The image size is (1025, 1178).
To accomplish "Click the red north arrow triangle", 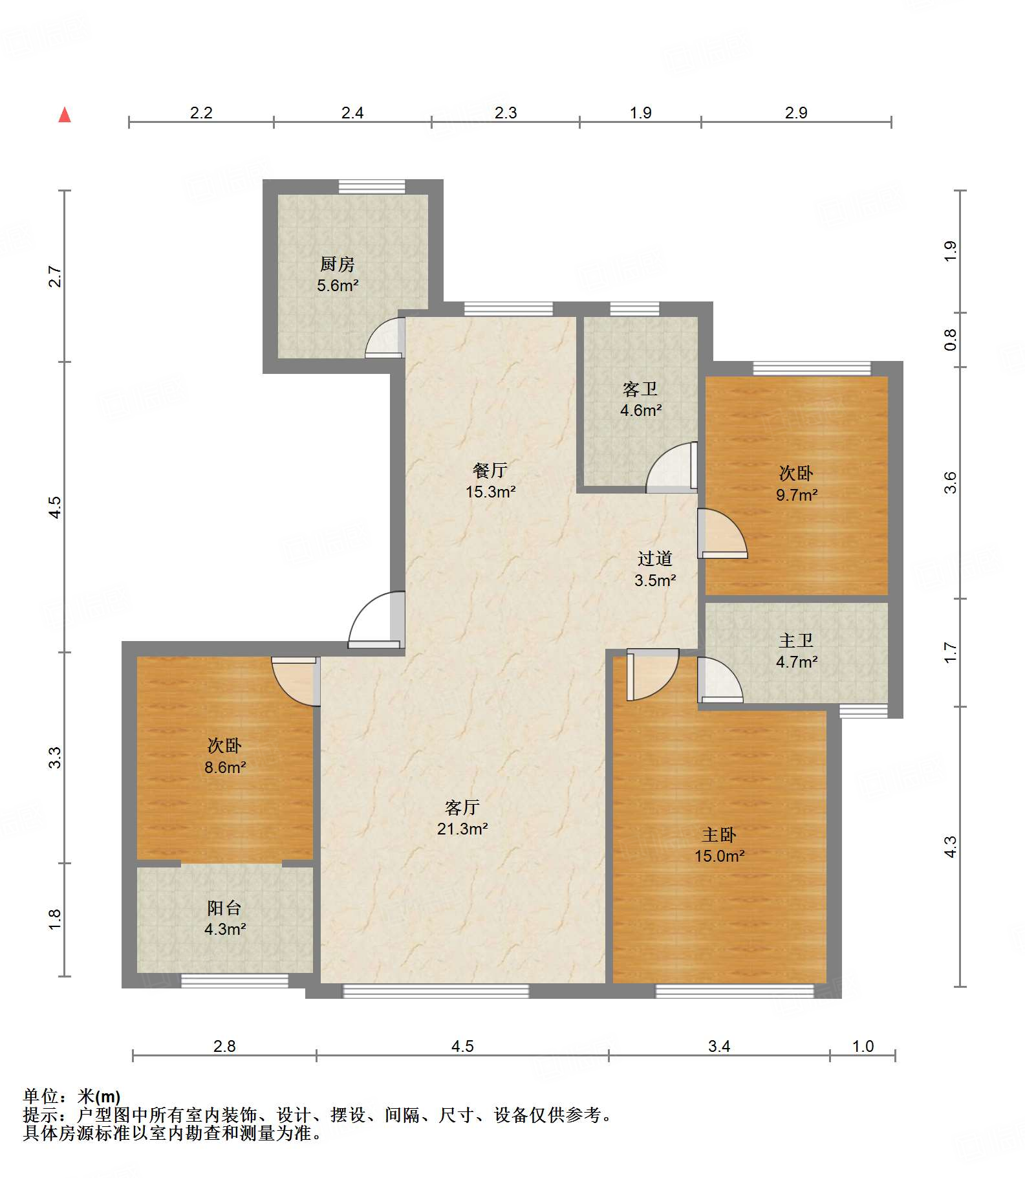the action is click(x=65, y=115).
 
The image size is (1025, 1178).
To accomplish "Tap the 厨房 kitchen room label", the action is click(x=338, y=264).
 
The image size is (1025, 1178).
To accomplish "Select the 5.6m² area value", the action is click(x=338, y=285).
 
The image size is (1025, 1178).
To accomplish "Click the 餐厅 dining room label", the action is click(x=490, y=470).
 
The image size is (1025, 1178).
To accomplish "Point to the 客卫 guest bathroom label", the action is click(x=640, y=389).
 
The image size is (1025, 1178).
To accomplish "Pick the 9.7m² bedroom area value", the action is click(x=797, y=495).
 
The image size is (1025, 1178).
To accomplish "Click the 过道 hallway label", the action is click(x=655, y=558).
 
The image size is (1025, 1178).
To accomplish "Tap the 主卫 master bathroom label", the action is click(x=796, y=640).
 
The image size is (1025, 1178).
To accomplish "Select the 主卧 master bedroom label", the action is click(x=719, y=834).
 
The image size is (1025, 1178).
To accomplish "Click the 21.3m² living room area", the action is click(x=462, y=829).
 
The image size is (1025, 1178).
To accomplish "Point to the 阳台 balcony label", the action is click(x=224, y=908).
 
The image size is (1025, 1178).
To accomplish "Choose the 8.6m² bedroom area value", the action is click(x=225, y=767).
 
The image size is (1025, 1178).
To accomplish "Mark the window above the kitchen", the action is click(x=372, y=186).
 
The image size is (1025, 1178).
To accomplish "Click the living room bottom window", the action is click(x=435, y=990).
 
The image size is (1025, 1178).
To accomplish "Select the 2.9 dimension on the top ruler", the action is click(x=796, y=113).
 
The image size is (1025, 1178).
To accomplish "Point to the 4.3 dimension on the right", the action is click(x=950, y=847).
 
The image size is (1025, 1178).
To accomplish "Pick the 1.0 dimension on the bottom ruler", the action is click(x=863, y=1046).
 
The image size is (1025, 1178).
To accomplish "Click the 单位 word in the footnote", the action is click(x=41, y=1096).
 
